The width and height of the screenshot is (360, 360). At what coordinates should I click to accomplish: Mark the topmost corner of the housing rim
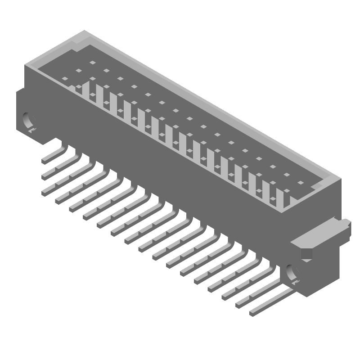(x=84, y=31)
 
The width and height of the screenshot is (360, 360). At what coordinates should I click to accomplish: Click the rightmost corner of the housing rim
(x=341, y=179)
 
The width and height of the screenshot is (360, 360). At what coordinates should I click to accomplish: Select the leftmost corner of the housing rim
(x=25, y=66)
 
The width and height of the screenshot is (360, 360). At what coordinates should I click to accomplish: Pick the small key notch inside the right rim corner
(x=319, y=185)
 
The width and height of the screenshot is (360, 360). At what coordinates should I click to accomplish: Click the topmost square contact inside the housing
(x=92, y=63)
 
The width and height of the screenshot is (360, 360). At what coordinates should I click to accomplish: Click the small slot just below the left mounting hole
(x=32, y=130)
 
